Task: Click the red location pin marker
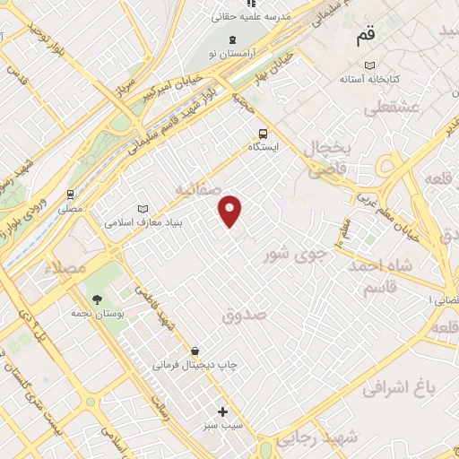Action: [231, 211]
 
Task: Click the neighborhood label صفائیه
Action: [196, 189]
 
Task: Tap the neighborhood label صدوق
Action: [244, 315]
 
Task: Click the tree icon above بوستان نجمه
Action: [96, 299]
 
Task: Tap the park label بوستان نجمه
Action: [96, 314]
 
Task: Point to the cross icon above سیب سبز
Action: [223, 412]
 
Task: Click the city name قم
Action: [366, 37]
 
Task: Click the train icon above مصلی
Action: [70, 194]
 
